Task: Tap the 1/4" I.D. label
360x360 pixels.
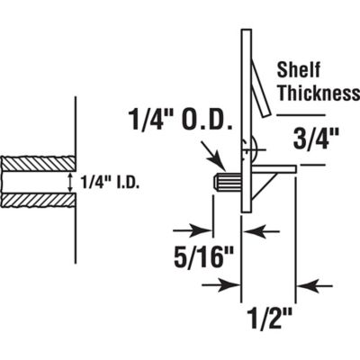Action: click(x=112, y=184)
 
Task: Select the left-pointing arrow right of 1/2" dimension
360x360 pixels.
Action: click(x=315, y=286)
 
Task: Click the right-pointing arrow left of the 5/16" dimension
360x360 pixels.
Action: click(x=193, y=230)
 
